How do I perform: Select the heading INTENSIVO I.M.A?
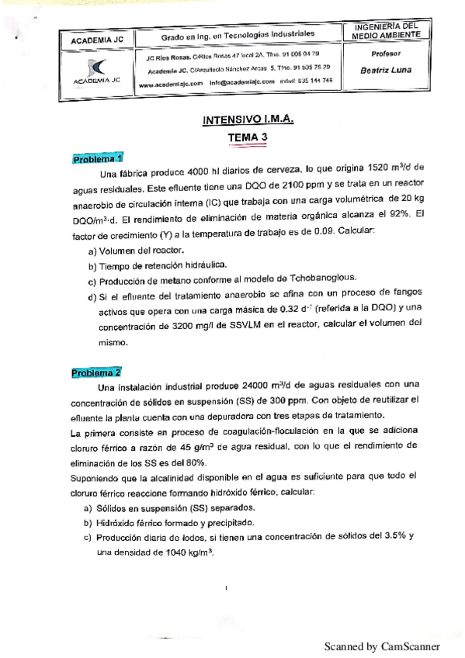click(248, 120)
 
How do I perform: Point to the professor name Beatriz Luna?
click(386, 69)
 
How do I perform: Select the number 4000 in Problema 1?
click(202, 168)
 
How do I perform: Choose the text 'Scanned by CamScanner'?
click(382, 646)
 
